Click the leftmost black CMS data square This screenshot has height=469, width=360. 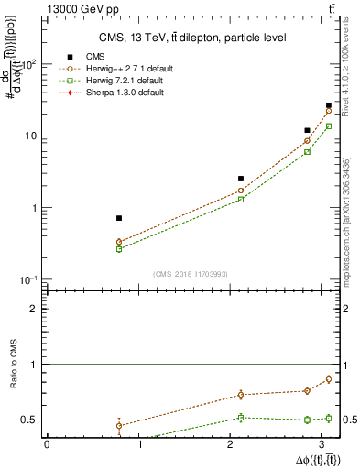[x=119, y=218]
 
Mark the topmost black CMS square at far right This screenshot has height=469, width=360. [x=329, y=106]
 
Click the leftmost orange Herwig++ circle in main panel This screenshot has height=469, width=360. [x=119, y=242]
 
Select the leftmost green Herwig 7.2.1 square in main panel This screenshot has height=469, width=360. [x=119, y=249]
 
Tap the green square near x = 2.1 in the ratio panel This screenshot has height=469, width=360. [x=241, y=418]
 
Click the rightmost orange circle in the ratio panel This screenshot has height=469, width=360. [x=329, y=379]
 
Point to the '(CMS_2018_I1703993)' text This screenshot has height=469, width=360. [x=190, y=274]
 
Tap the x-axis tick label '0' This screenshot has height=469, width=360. [x=47, y=444]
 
